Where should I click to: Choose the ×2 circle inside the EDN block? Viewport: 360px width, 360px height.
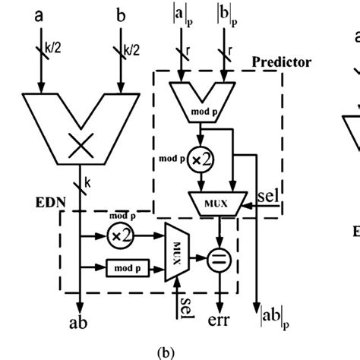(119, 236)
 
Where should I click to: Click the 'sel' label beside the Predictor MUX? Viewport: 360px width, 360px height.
(270, 197)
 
